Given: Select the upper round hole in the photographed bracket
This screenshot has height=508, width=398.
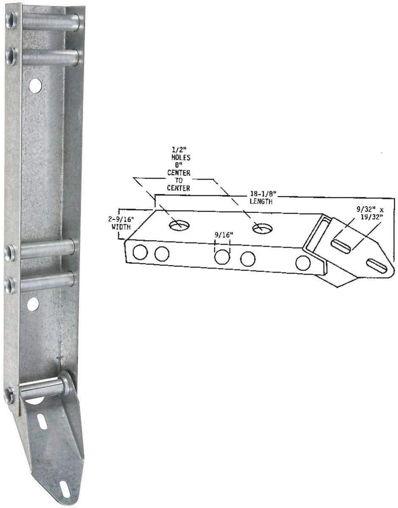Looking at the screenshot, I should tap(36, 86).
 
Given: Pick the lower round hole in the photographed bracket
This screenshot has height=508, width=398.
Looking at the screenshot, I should tap(33, 304).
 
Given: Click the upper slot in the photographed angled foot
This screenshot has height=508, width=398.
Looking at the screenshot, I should tap(42, 422).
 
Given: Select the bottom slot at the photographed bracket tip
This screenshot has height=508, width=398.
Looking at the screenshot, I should tap(65, 489).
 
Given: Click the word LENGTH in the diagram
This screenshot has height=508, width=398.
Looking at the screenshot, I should tap(260, 202).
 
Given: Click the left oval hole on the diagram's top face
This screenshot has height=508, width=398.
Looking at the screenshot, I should tap(179, 225).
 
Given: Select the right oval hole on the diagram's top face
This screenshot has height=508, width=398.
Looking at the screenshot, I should tap(262, 229).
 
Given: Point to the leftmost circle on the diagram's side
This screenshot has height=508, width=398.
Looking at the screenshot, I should tap(140, 252).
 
